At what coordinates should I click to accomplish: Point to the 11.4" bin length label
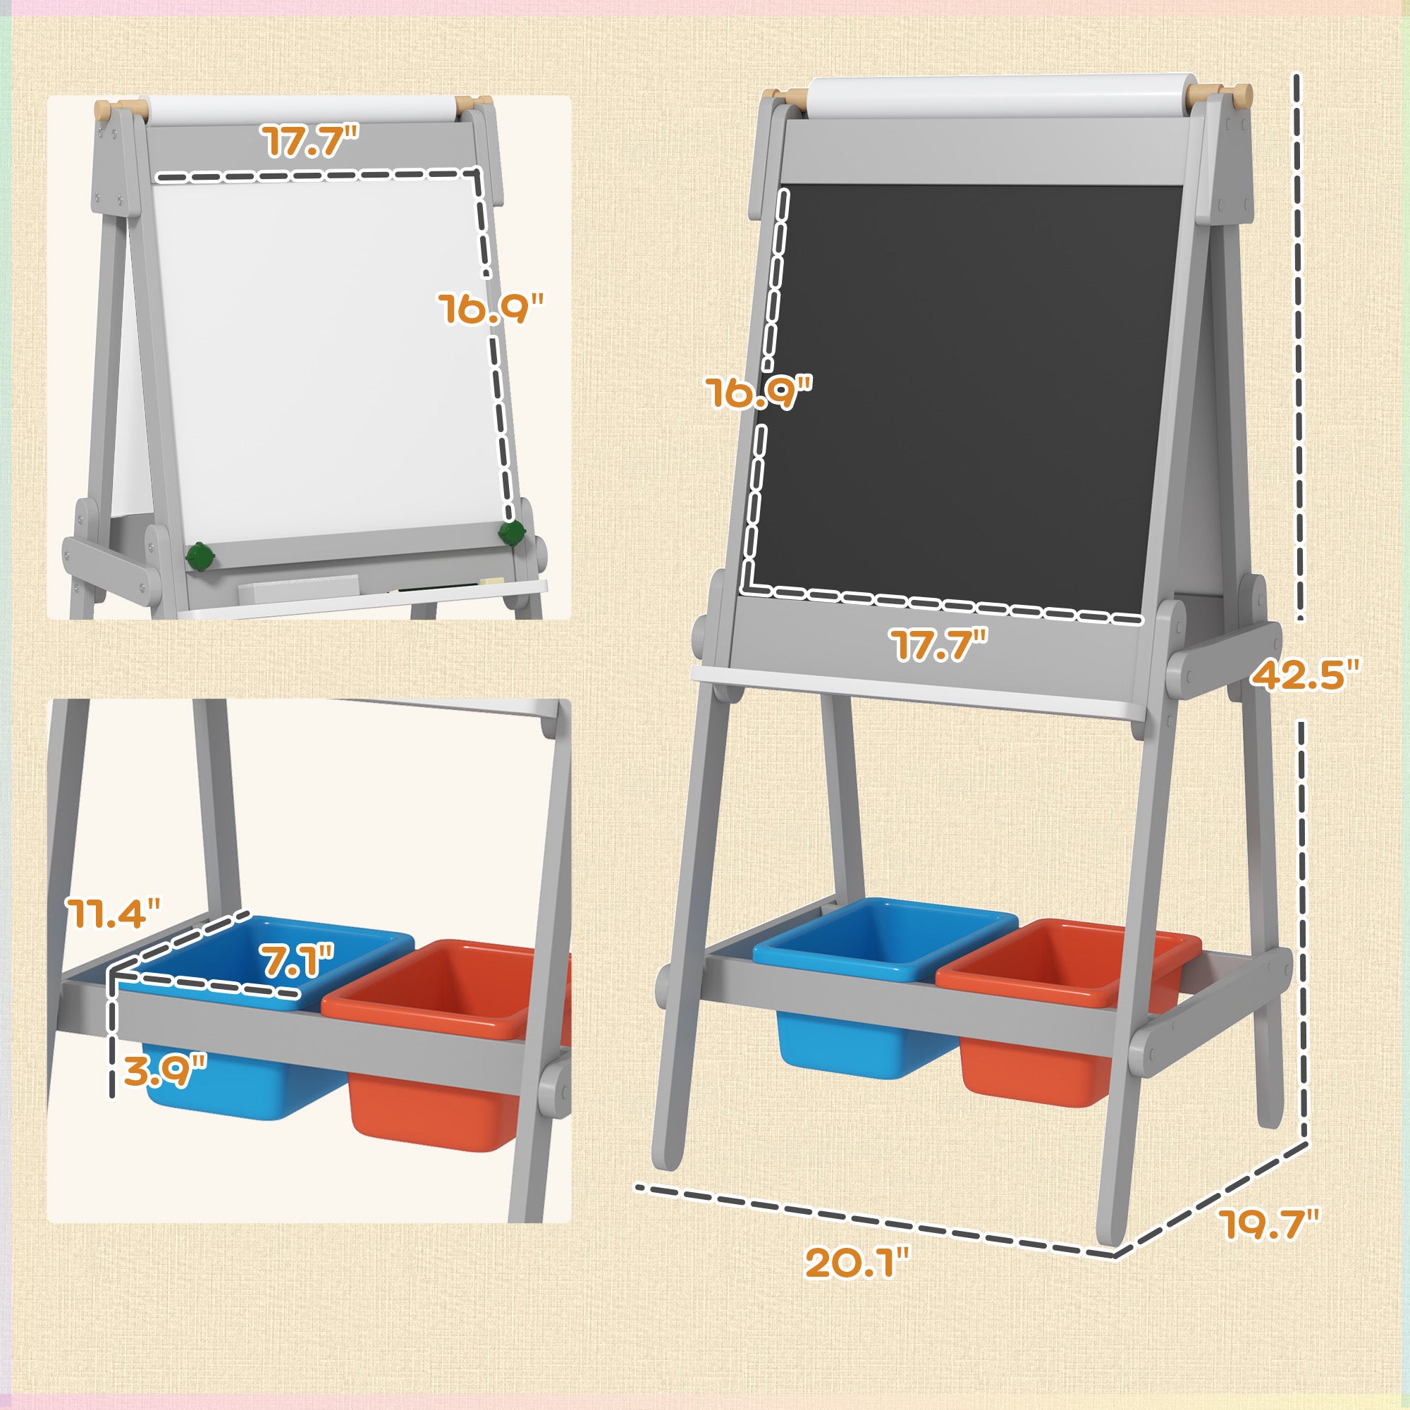[x=111, y=912]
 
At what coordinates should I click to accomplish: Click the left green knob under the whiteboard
[x=199, y=558]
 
